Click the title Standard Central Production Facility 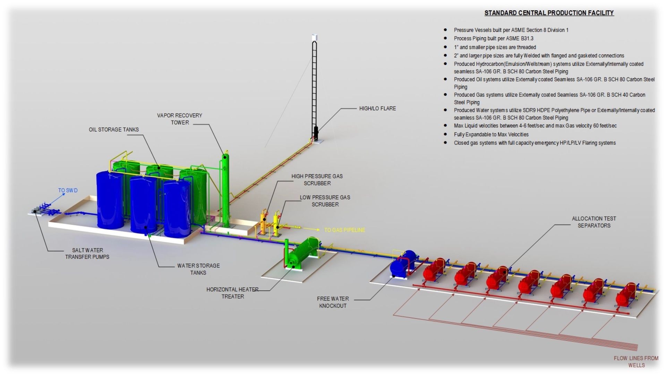(549, 13)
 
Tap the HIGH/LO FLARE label (377, 109)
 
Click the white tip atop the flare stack (315, 37)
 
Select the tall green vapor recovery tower (226, 191)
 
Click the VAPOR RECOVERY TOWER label (179, 119)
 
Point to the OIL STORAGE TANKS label (113, 130)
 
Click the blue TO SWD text (68, 190)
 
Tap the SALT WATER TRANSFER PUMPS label (87, 254)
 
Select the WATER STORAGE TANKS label (198, 269)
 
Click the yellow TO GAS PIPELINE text (344, 230)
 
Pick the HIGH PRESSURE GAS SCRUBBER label (317, 180)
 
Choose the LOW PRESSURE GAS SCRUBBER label (325, 201)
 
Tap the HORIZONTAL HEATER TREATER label (232, 293)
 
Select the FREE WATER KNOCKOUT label (333, 302)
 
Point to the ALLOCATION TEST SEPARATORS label (594, 222)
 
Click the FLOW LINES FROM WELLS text (636, 362)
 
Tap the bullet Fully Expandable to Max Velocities (491, 134)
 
